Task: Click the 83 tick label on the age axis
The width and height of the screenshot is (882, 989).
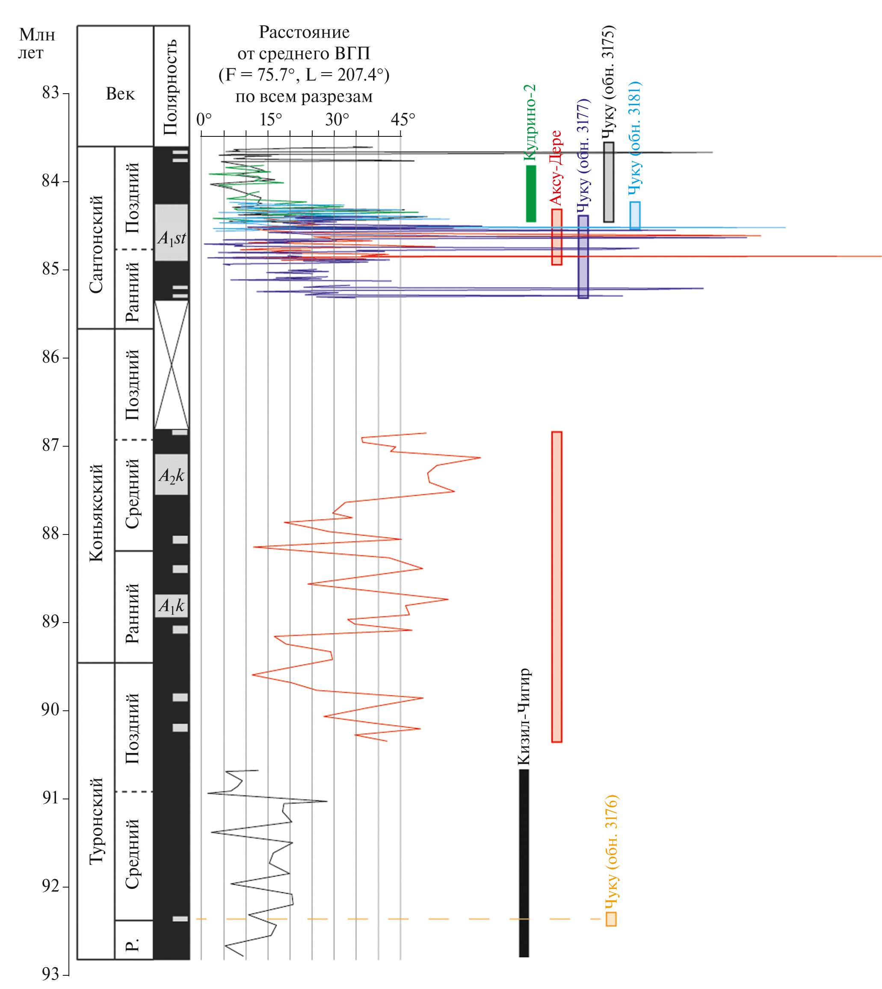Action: (50, 92)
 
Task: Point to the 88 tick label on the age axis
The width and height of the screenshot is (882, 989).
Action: (50, 534)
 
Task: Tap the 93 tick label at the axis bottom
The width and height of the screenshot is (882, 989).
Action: (50, 974)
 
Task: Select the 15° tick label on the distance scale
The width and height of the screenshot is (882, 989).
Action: (271, 119)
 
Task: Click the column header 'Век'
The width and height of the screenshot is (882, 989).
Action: (120, 94)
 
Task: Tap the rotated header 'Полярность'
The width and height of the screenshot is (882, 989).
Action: (171, 87)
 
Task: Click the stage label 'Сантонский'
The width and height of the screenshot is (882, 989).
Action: (96, 244)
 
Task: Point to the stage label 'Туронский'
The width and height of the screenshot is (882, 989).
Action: (96, 821)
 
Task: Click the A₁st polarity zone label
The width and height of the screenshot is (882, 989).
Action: (172, 238)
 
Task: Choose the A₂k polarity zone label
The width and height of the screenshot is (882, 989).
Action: (172, 475)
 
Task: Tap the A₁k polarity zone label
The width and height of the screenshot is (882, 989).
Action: (172, 605)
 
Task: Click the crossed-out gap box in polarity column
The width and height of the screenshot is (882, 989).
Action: (172, 365)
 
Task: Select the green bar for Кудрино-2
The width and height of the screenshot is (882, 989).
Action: (531, 194)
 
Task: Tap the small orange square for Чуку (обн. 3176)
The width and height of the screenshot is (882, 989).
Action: (611, 919)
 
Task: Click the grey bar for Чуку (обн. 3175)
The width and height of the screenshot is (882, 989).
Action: (608, 182)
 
